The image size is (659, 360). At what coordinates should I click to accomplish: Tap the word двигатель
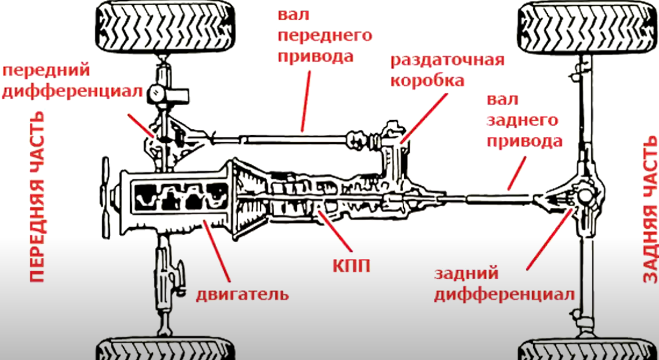242,293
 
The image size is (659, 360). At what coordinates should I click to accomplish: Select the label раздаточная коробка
447,71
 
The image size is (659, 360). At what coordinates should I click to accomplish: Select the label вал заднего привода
523,121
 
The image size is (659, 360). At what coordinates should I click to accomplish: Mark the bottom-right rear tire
587,350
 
